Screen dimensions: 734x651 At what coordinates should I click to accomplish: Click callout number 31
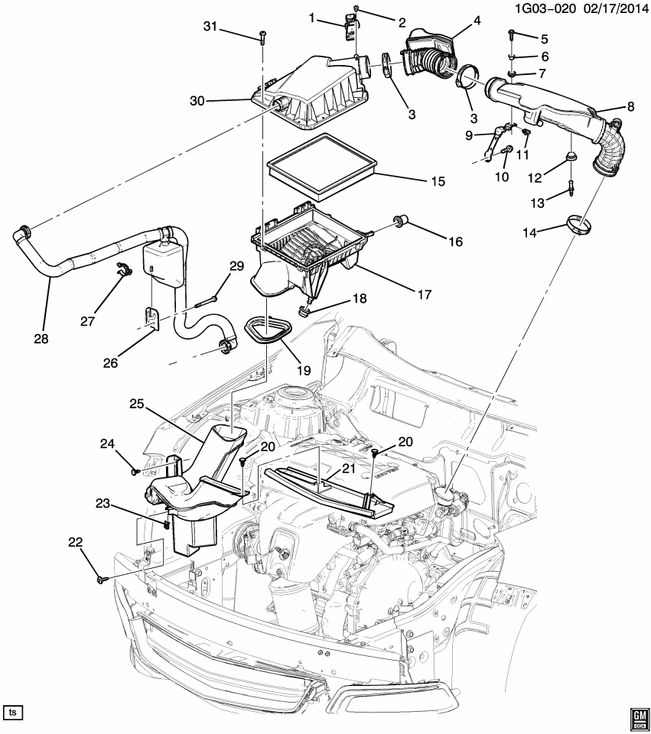[x=210, y=28]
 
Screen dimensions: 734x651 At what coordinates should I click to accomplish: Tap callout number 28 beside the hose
[x=41, y=338]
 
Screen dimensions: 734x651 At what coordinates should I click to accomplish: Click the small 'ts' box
[x=13, y=712]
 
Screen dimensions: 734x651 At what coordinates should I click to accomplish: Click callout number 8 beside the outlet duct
[x=631, y=108]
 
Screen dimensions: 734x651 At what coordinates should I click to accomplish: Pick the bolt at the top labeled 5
[x=511, y=34]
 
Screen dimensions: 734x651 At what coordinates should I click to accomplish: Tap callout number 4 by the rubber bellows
[x=477, y=21]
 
